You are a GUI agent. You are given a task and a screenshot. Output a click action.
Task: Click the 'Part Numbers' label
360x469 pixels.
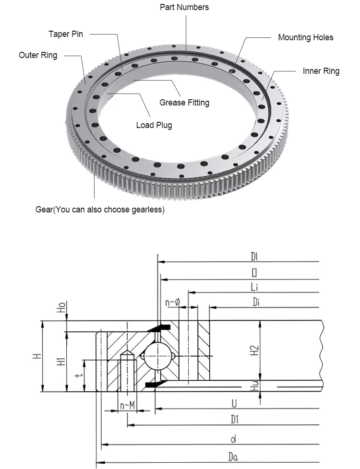[x=184, y=7]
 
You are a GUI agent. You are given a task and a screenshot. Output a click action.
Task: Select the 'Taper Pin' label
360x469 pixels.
[x=66, y=34]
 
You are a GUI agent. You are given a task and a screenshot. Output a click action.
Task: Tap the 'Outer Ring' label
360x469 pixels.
[x=38, y=55]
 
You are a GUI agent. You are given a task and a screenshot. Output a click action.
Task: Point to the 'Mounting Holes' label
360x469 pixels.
[x=305, y=37]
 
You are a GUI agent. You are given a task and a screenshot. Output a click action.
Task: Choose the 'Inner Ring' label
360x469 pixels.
[x=321, y=71]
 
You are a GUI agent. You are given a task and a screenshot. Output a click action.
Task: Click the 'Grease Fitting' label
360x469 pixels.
[x=184, y=103]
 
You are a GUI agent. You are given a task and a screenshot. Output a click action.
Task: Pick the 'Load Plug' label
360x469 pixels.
[x=154, y=125]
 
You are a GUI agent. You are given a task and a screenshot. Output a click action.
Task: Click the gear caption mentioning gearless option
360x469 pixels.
[x=100, y=210]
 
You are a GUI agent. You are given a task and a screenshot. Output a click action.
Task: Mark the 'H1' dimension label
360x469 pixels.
[x=61, y=361]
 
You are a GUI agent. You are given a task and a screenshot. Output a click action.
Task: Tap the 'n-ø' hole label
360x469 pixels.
[x=172, y=302]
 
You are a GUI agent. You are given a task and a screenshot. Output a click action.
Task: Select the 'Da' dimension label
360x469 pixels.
[x=233, y=457]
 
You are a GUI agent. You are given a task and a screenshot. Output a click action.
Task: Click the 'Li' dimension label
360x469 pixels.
[x=254, y=287]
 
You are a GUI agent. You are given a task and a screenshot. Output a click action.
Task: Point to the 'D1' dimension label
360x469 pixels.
[x=234, y=420]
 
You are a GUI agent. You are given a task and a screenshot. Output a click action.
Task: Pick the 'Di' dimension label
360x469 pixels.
[x=257, y=302]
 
